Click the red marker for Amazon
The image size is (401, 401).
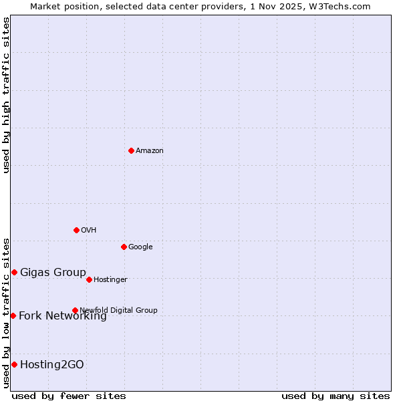tap(131, 150)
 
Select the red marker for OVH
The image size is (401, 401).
tap(76, 230)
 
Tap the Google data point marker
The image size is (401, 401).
tap(124, 247)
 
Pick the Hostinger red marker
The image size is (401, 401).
tap(89, 279)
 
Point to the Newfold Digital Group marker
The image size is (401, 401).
tap(75, 310)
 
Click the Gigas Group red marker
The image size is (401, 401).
tap(14, 272)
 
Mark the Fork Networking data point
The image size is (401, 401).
tap(13, 315)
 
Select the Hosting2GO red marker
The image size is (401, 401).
tap(14, 364)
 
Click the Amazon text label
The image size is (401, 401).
tap(150, 151)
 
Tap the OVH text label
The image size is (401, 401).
tap(89, 231)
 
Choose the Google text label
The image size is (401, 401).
tap(140, 247)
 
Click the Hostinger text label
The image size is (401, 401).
tap(110, 280)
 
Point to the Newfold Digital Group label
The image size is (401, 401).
tap(118, 310)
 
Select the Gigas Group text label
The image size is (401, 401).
tap(53, 272)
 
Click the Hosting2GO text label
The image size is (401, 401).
tap(52, 364)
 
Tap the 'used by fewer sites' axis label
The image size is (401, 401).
tap(69, 396)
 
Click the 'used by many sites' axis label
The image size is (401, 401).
tap(336, 396)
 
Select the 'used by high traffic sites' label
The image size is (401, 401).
tap(6, 95)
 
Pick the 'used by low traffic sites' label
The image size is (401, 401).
tap(6, 312)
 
